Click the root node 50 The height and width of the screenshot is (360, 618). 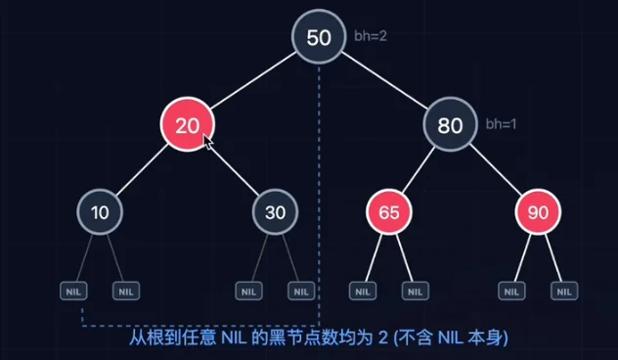click(x=319, y=36)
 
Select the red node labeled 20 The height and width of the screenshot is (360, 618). click(x=187, y=124)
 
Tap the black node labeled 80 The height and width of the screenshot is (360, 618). click(x=450, y=124)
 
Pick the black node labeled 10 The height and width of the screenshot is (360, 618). click(x=100, y=212)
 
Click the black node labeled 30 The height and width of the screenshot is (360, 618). click(x=275, y=212)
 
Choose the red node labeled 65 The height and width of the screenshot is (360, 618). click(x=389, y=212)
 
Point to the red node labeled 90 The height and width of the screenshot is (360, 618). click(x=538, y=212)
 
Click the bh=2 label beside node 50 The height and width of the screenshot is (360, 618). click(x=371, y=36)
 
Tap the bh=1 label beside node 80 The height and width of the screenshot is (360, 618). click(x=501, y=124)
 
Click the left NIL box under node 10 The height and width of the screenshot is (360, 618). click(x=73, y=291)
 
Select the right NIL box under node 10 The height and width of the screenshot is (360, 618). click(x=126, y=291)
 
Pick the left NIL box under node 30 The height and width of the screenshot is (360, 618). click(x=248, y=291)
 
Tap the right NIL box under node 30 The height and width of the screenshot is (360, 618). click(x=301, y=291)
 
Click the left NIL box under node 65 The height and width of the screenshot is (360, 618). click(x=363, y=291)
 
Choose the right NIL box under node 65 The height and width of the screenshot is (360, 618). click(x=415, y=291)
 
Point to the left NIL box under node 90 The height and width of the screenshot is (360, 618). click(x=511, y=291)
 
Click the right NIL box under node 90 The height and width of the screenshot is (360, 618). click(x=564, y=291)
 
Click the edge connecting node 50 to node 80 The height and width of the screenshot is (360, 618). click(x=384, y=80)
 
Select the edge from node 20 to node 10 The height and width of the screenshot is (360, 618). click(x=143, y=170)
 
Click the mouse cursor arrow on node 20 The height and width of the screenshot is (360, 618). click(x=208, y=142)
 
